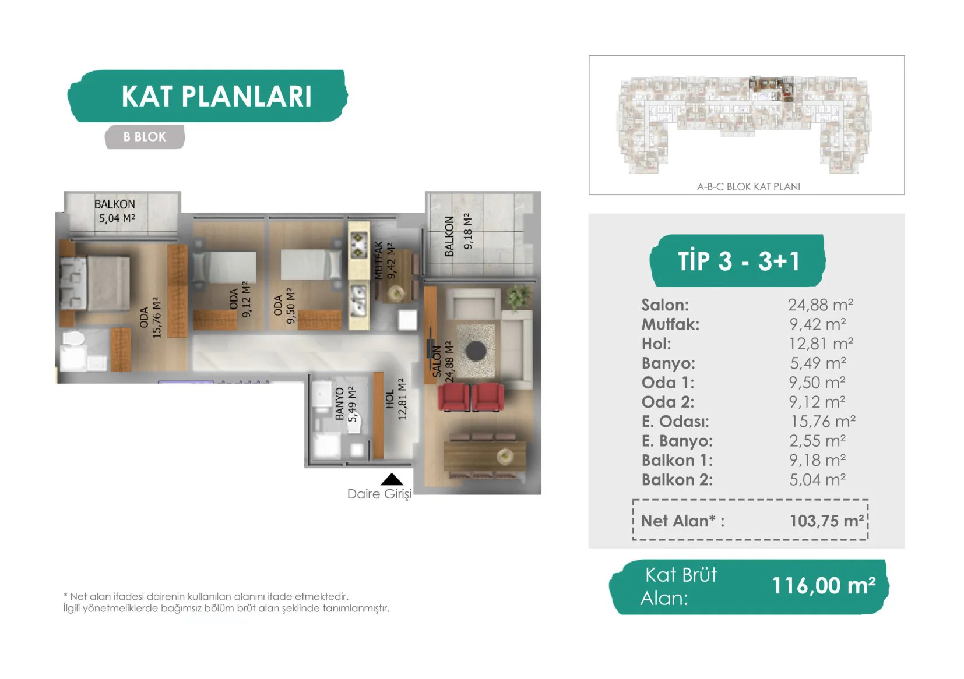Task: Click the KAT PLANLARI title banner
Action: pyautogui.click(x=208, y=96)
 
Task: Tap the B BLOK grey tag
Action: pyautogui.click(x=145, y=137)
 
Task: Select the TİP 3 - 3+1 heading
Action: pyautogui.click(x=738, y=260)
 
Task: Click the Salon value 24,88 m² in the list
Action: pyautogui.click(x=820, y=305)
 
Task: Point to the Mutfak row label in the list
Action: pyautogui.click(x=670, y=324)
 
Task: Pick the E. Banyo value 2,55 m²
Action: pyautogui.click(x=817, y=440)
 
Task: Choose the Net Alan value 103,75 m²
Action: pyautogui.click(x=826, y=521)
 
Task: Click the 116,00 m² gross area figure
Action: pyautogui.click(x=824, y=586)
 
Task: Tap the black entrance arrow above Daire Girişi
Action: pyautogui.click(x=392, y=479)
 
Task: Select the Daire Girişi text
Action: pyautogui.click(x=379, y=494)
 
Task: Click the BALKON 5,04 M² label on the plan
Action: pyautogui.click(x=116, y=211)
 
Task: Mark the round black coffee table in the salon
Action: pyautogui.click(x=476, y=351)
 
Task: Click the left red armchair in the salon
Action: pyautogui.click(x=453, y=397)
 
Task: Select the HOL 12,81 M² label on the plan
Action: pyautogui.click(x=396, y=399)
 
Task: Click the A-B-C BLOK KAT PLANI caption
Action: pyautogui.click(x=748, y=186)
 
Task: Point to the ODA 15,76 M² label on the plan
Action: pyautogui.click(x=150, y=317)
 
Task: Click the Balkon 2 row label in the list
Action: pyautogui.click(x=677, y=479)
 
